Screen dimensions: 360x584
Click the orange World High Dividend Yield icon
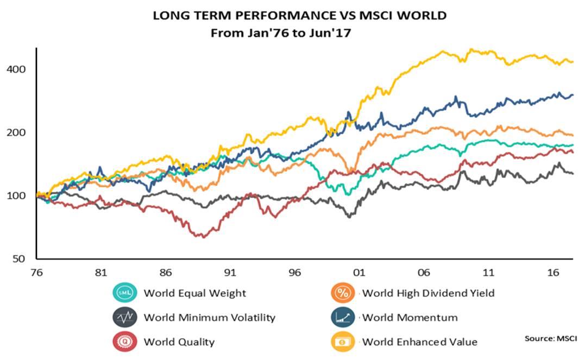pos(342,293)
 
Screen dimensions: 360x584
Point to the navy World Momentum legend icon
pos(342,318)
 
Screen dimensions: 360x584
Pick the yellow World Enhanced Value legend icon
pos(342,342)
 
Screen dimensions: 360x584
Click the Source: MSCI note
pos(550,338)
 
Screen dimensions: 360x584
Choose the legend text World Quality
pos(179,342)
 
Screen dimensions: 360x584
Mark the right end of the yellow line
pos(573,61)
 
